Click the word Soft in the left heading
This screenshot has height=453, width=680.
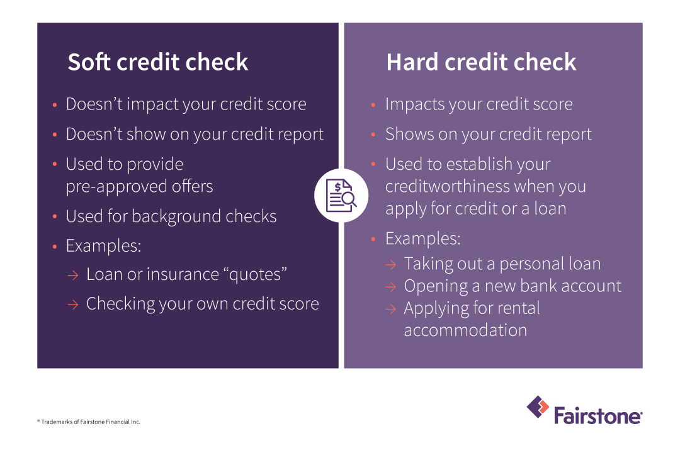89,62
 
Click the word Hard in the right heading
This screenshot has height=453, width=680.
412,62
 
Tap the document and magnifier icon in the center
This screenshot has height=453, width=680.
341,196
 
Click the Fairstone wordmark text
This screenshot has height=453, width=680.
598,416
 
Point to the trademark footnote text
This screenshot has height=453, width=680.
89,422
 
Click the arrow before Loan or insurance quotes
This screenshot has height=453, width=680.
73,275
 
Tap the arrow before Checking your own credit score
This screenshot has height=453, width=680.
73,305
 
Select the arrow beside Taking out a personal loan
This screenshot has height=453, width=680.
391,264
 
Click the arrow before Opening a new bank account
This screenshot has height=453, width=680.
391,286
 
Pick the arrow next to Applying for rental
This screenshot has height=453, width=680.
391,309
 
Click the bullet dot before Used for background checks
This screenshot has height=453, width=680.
55,216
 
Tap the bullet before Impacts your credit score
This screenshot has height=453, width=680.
373,104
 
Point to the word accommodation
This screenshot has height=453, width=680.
465,330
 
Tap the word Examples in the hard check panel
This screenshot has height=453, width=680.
423,239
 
